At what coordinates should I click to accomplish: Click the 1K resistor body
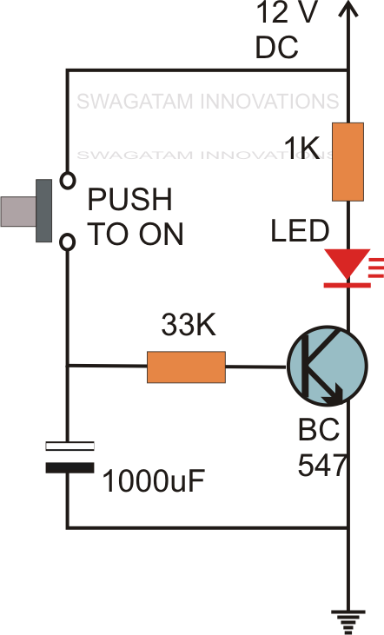pyautogui.click(x=348, y=162)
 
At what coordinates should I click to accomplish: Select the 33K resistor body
pyautogui.click(x=186, y=367)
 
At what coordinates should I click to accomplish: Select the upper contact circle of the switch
pyautogui.click(x=67, y=181)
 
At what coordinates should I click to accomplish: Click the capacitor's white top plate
pyautogui.click(x=68, y=447)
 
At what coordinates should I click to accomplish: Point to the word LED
pyautogui.click(x=300, y=232)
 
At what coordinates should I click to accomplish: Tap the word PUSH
pyautogui.click(x=129, y=202)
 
